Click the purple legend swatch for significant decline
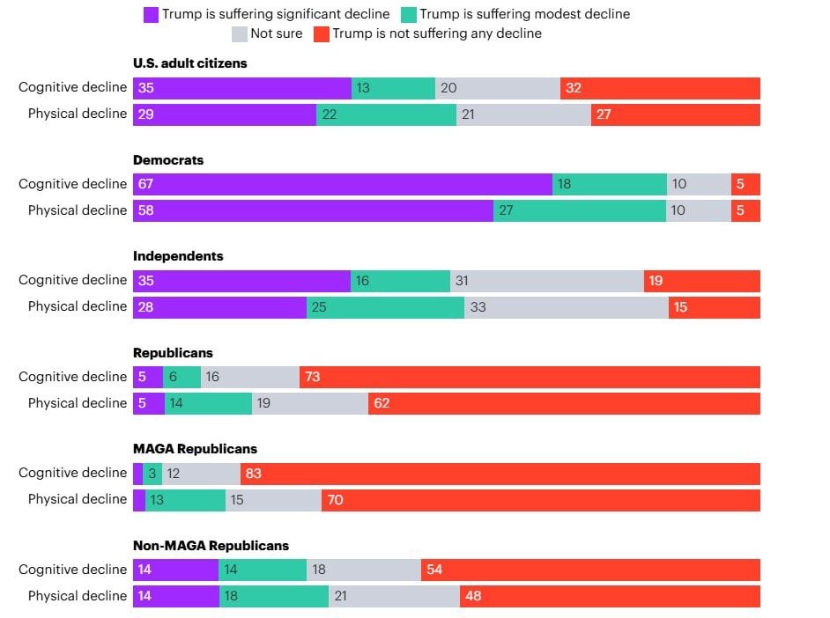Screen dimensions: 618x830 click(x=151, y=14)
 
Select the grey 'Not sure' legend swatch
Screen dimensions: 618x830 click(x=239, y=33)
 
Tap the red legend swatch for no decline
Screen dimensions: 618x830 click(x=322, y=33)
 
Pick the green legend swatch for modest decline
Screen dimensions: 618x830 click(x=408, y=14)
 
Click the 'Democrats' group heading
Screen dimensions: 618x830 click(x=168, y=160)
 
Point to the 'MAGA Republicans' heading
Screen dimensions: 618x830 click(x=195, y=449)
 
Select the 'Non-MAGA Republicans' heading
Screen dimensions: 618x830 click(x=211, y=546)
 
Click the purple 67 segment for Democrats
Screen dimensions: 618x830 click(x=343, y=184)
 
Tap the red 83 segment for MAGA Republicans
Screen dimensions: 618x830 click(x=500, y=474)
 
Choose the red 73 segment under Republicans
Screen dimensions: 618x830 click(x=530, y=377)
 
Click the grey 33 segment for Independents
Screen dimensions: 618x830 click(x=566, y=307)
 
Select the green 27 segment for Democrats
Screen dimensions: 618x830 click(x=579, y=210)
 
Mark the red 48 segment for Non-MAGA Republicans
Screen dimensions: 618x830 click(x=610, y=596)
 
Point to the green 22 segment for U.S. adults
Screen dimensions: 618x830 click(x=386, y=114)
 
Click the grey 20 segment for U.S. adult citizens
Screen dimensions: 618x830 click(x=498, y=88)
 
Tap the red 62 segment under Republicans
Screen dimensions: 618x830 click(x=564, y=403)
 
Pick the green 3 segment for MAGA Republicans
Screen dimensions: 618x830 click(x=152, y=474)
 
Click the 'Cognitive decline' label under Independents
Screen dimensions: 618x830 click(x=73, y=280)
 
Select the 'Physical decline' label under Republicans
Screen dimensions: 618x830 click(x=78, y=403)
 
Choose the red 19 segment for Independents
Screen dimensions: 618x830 click(x=701, y=281)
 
